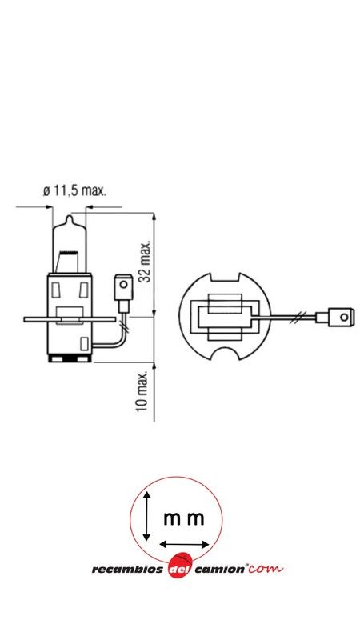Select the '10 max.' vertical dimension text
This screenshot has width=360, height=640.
[x=142, y=392]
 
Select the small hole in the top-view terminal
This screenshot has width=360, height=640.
[x=344, y=318]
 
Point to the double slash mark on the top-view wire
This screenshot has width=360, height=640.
[x=298, y=318]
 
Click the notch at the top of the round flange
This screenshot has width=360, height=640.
[x=226, y=279]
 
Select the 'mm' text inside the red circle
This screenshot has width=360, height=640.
[x=183, y=518]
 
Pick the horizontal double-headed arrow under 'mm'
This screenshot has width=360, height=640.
[x=185, y=544]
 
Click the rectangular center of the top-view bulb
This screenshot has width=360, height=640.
[x=226, y=318]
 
